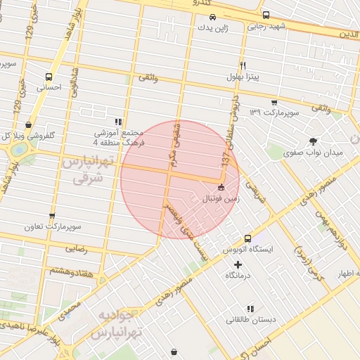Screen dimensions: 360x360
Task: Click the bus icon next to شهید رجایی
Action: pyautogui.click(x=266, y=15)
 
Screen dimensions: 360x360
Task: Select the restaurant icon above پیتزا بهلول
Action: pyautogui.click(x=243, y=65)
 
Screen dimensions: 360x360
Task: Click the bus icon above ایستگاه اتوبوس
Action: pyautogui.click(x=247, y=239)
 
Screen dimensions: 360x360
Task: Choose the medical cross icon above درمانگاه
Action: pyautogui.click(x=237, y=265)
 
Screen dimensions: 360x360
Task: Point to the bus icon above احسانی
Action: pyautogui.click(x=49, y=77)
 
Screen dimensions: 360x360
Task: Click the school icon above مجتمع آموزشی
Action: pyautogui.click(x=118, y=121)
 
